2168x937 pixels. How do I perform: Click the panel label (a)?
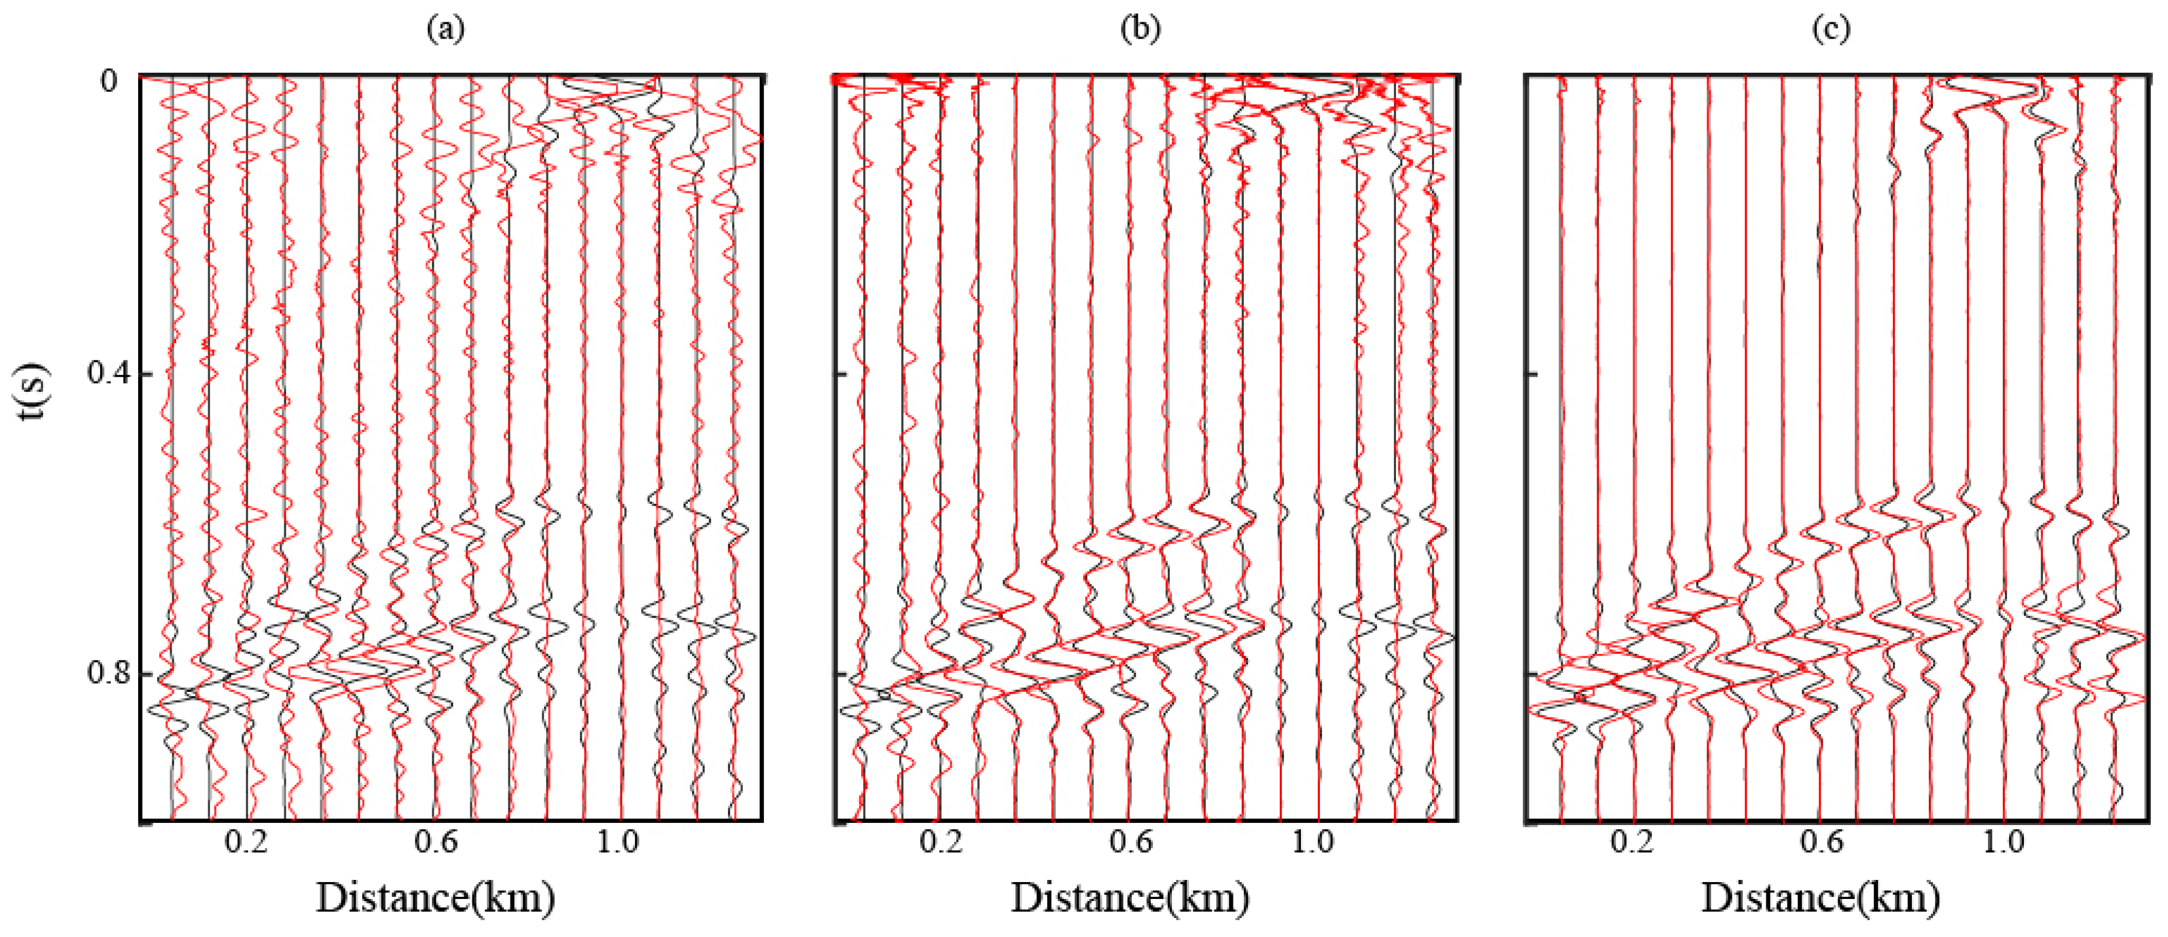tap(445, 29)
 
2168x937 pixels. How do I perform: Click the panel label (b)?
tap(1141, 29)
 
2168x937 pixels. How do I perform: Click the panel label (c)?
tap(1830, 29)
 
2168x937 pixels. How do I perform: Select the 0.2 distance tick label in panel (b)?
tap(941, 841)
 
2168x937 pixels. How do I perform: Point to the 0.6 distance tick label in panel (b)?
tap(1130, 841)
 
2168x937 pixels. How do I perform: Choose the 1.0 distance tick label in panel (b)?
tap(1313, 841)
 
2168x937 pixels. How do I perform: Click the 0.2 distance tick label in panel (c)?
tap(1633, 841)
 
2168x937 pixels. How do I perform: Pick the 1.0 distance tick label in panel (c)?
tap(2004, 841)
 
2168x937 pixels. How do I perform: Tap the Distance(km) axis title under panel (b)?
tap(1130, 898)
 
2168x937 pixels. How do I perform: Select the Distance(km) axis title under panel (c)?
tap(1821, 898)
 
